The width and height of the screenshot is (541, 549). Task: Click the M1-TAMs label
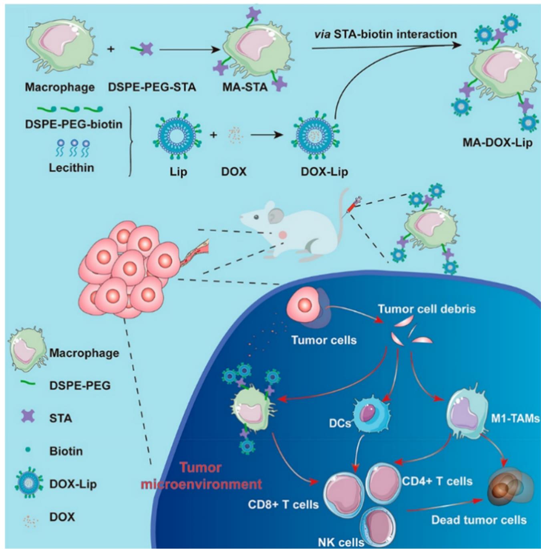[x=515, y=419]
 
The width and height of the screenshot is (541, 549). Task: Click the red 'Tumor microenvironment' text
[x=201, y=476]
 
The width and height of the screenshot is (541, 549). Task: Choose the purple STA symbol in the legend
[x=28, y=417]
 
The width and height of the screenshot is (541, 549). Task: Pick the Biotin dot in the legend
[x=28, y=450]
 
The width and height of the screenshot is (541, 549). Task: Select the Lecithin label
[x=71, y=168]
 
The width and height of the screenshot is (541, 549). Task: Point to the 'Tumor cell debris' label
[x=426, y=309]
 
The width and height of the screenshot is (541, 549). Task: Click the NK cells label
[x=341, y=543]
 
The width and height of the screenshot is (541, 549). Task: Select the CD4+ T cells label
[x=437, y=481]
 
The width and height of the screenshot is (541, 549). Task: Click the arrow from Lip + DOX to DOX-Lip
[x=264, y=135]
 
